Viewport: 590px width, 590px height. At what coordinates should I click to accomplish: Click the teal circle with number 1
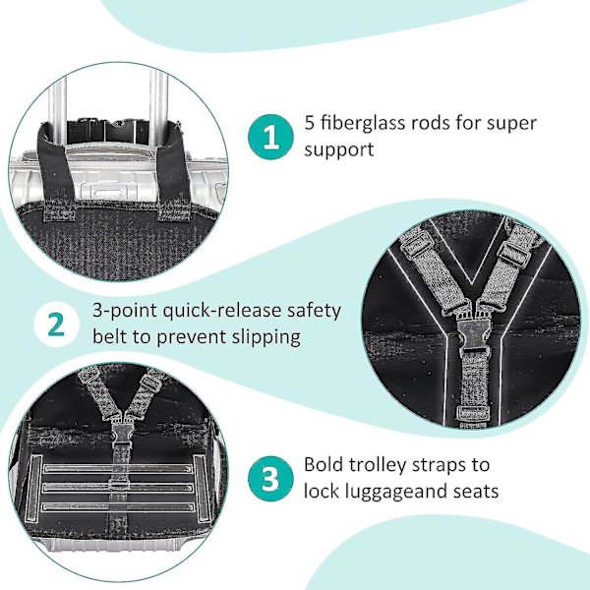(x=270, y=137)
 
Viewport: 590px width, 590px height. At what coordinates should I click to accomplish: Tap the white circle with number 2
(x=57, y=324)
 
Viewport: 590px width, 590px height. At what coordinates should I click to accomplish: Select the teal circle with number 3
(x=270, y=479)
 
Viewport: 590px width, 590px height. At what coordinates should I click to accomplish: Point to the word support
(x=339, y=150)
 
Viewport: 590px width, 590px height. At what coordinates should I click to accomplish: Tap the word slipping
(x=265, y=337)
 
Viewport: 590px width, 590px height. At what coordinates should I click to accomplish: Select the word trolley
(x=377, y=466)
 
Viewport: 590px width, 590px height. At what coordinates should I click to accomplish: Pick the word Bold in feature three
(x=324, y=464)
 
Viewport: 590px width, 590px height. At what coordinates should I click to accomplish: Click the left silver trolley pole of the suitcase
(x=58, y=113)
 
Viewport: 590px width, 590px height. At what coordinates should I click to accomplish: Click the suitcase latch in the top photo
(x=107, y=192)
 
